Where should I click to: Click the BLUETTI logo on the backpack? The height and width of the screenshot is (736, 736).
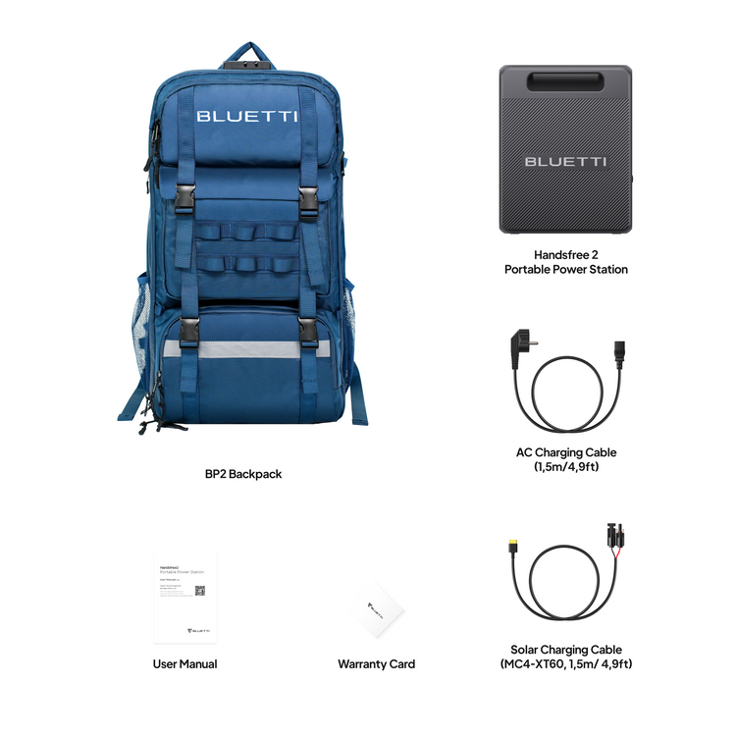[x=246, y=116]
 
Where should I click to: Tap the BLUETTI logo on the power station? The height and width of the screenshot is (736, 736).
[x=564, y=161]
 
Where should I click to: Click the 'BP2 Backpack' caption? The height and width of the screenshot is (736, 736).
[x=243, y=474]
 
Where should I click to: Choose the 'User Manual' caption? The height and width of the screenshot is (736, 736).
[x=184, y=664]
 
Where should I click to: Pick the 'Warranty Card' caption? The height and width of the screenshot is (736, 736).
[x=376, y=664]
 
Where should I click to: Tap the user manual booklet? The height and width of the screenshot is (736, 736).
[x=185, y=597]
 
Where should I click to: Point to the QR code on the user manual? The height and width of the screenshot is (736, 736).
[x=199, y=592]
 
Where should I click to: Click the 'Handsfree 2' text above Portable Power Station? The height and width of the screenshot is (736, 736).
[x=565, y=253]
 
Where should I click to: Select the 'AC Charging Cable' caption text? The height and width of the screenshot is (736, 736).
[x=566, y=452]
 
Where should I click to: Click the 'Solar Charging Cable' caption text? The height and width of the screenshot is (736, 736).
[x=566, y=650]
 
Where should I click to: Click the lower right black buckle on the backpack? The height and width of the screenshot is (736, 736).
[x=307, y=330]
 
